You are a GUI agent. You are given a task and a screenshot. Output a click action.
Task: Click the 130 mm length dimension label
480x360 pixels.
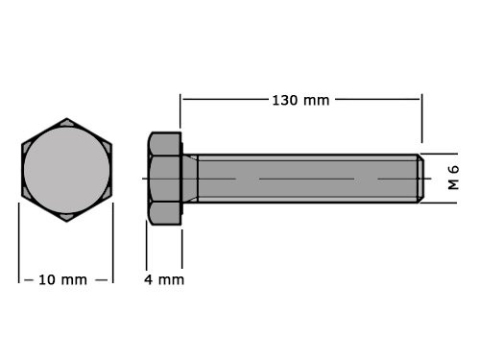tap(300, 100)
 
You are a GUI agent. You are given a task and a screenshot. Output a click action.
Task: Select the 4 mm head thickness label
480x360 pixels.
tap(164, 279)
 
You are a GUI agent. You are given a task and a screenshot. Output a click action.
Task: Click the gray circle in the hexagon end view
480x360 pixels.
tap(66, 169)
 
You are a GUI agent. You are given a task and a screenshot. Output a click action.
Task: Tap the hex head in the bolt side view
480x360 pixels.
tap(164, 179)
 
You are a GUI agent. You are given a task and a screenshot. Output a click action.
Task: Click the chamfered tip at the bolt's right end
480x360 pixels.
tap(419, 178)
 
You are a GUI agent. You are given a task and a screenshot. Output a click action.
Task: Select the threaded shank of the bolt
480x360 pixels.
tap(307, 179)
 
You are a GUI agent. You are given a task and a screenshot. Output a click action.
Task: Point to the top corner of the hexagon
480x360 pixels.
tap(66, 120)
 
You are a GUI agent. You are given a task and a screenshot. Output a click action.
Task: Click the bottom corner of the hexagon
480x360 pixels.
tap(66, 220)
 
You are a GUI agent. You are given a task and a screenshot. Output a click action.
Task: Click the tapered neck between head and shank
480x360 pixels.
tap(190, 179)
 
